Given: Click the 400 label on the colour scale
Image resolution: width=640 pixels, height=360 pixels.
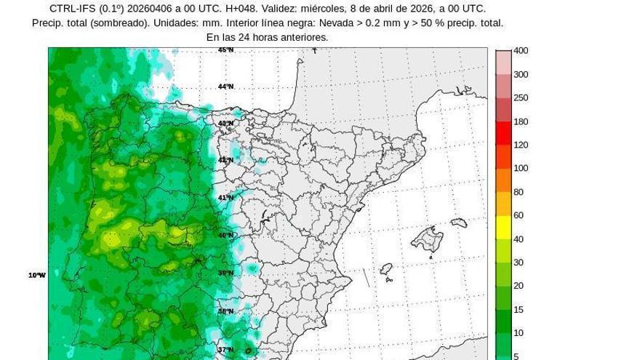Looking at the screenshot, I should pyautogui.click(x=521, y=51).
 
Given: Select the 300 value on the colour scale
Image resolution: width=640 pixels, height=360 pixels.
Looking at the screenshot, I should pyautogui.click(x=521, y=74).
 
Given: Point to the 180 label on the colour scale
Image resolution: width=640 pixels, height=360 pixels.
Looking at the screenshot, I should pyautogui.click(x=521, y=121).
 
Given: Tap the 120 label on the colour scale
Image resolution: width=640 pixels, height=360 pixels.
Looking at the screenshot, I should pyautogui.click(x=521, y=145).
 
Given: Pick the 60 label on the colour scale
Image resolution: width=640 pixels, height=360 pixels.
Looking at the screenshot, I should pyautogui.click(x=519, y=215).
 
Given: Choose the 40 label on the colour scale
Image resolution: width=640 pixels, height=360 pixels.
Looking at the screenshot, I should pyautogui.click(x=519, y=239).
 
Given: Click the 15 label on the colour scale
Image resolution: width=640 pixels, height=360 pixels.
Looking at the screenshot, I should pyautogui.click(x=519, y=310).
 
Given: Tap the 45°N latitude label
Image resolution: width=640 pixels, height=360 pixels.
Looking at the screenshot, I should pyautogui.click(x=226, y=49).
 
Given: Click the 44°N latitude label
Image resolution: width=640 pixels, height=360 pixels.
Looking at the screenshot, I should pyautogui.click(x=226, y=87).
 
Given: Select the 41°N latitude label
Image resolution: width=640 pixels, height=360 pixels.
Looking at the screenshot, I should pyautogui.click(x=226, y=198).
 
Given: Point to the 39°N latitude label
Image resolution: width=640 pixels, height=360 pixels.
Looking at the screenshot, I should pyautogui.click(x=226, y=273).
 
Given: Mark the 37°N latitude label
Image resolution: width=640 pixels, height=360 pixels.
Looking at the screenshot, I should pyautogui.click(x=226, y=349).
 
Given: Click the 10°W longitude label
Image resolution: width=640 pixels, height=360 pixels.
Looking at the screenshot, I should pyautogui.click(x=37, y=275).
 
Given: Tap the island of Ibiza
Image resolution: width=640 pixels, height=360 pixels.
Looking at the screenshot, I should pyautogui.click(x=386, y=269).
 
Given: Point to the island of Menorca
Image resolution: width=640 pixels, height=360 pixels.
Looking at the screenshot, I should pyautogui.click(x=458, y=223).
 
